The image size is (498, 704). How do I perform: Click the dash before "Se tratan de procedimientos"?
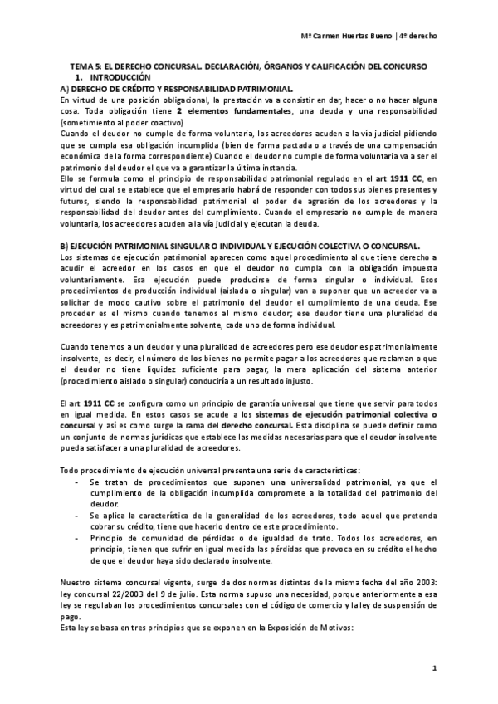coord(77,482)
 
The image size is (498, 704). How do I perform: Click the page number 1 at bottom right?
coord(434,669)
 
